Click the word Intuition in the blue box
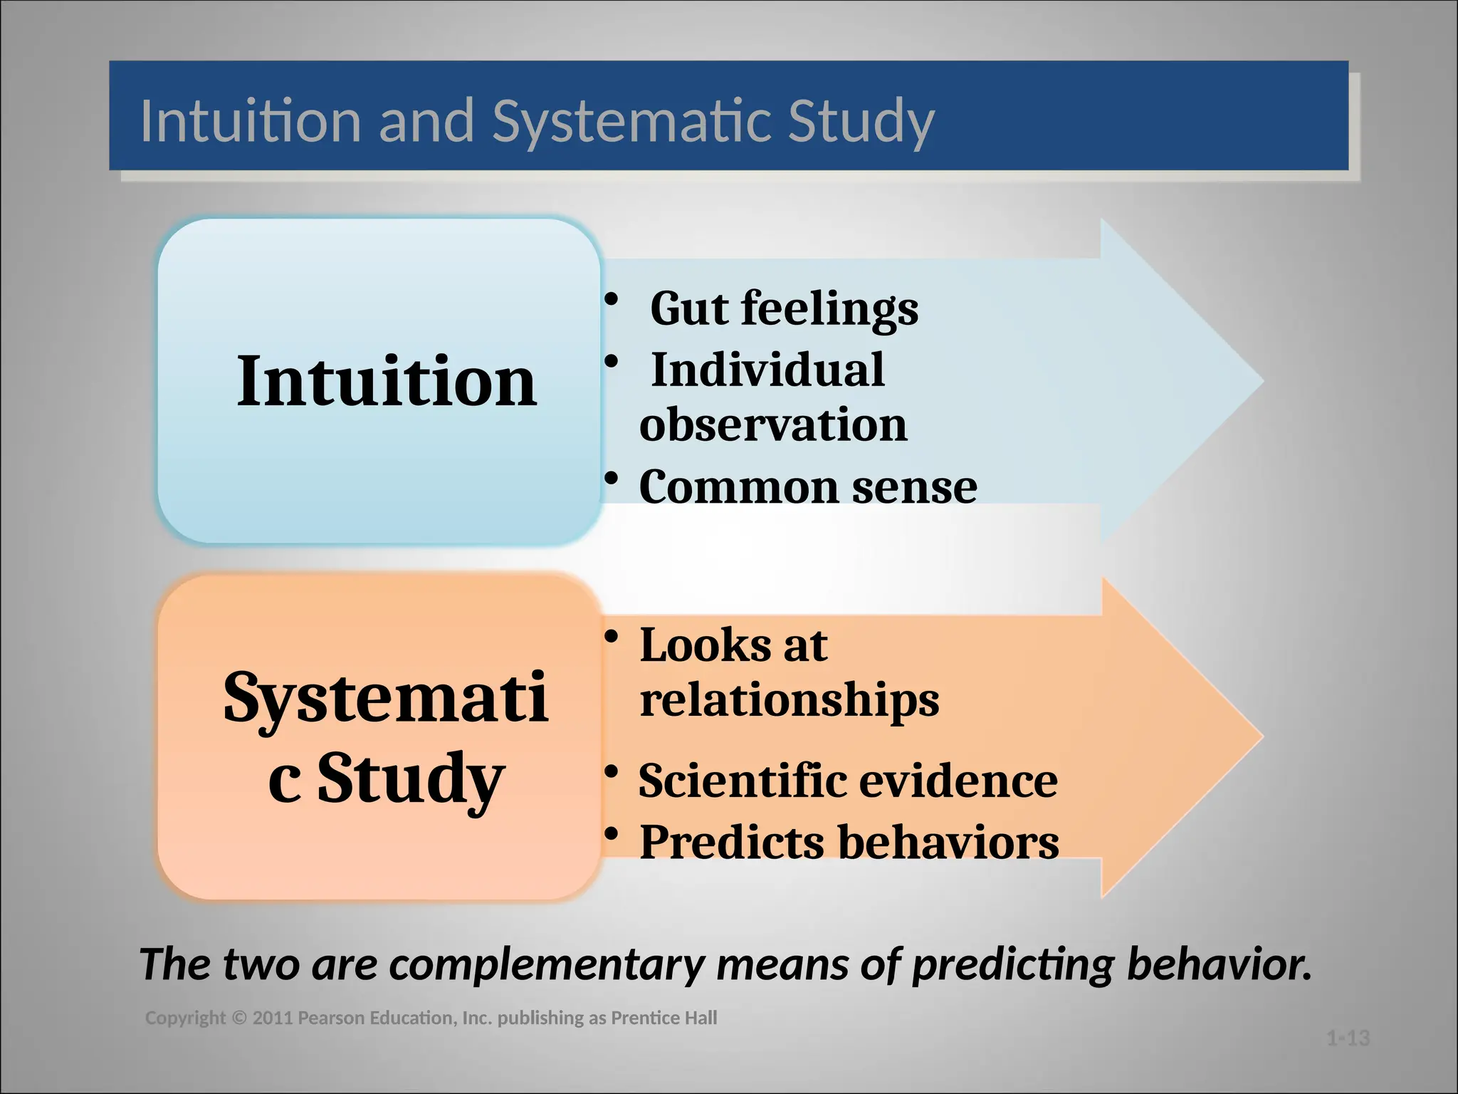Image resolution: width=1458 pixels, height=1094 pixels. coord(387,382)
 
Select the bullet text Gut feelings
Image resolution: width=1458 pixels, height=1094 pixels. coord(784,308)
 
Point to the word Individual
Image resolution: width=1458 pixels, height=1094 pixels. coord(767,370)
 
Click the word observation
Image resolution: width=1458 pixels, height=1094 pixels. coord(773,424)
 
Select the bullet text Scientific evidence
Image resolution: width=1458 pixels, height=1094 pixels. coord(848,781)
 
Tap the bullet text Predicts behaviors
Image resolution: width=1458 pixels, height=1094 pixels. coord(849,842)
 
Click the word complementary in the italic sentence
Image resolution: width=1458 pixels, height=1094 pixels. coord(547,965)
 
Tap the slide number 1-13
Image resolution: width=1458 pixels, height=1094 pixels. coord(1348,1038)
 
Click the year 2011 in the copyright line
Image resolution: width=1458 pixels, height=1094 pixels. coord(273,1019)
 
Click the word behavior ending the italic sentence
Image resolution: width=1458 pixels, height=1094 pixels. coord(1217,965)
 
